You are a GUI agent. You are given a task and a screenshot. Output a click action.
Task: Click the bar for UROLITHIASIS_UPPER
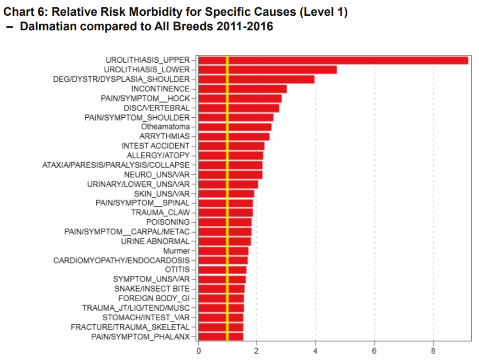333,60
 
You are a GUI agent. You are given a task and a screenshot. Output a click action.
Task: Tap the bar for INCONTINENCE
242,89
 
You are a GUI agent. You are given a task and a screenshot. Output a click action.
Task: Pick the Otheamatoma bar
235,127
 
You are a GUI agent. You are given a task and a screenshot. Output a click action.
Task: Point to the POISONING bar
225,222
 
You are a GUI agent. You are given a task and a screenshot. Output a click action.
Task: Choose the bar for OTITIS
222,270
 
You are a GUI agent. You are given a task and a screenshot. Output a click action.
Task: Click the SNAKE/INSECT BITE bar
221,289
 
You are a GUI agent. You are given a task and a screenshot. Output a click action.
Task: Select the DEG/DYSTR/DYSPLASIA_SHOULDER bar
256,79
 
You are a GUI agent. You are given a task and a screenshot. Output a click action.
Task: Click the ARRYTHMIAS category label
164,136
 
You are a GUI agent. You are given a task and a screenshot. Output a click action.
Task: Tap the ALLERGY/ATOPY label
158,156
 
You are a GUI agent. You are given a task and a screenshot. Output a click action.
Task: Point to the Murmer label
176,251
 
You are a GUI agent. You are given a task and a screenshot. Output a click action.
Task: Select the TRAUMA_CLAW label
160,213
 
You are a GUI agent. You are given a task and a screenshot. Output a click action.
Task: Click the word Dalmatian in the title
46,26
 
